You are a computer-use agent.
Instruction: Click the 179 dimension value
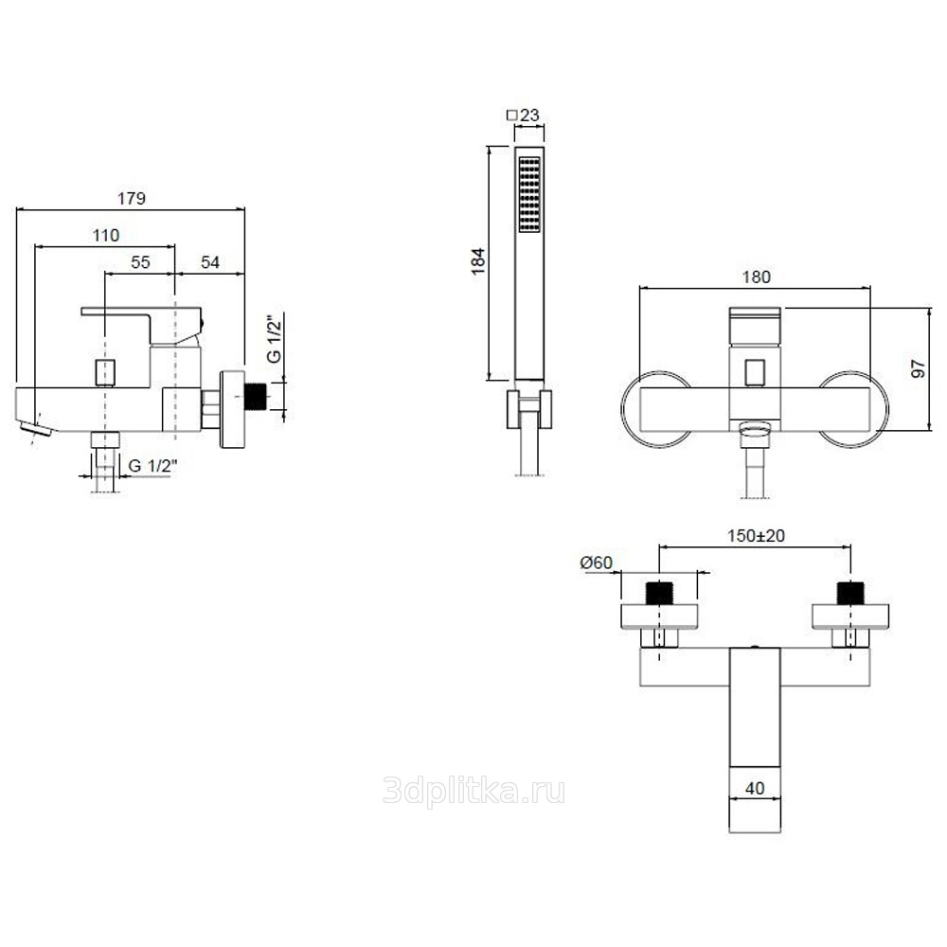(x=132, y=199)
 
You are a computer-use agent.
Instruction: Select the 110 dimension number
(x=106, y=236)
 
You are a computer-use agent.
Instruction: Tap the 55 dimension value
(x=140, y=262)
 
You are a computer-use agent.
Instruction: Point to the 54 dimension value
(x=210, y=262)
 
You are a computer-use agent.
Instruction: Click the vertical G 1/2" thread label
(x=275, y=338)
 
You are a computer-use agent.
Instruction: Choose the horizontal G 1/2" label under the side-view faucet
(x=153, y=466)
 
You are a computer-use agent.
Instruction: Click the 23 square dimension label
(x=523, y=115)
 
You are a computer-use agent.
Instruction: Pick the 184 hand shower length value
(x=478, y=261)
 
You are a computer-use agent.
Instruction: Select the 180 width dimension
(x=756, y=277)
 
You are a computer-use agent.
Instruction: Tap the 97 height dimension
(x=918, y=368)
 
